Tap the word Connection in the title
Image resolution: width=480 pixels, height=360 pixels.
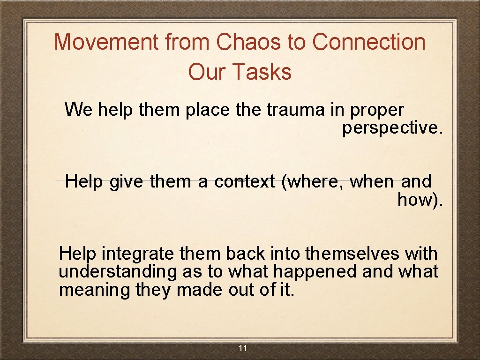click(368, 42)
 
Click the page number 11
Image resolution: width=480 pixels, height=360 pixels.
click(242, 348)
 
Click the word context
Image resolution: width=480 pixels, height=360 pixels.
click(244, 181)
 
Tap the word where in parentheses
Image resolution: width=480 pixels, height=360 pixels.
click(312, 181)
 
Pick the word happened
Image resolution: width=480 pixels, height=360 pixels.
click(321, 272)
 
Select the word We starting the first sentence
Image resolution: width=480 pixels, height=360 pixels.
click(79, 110)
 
